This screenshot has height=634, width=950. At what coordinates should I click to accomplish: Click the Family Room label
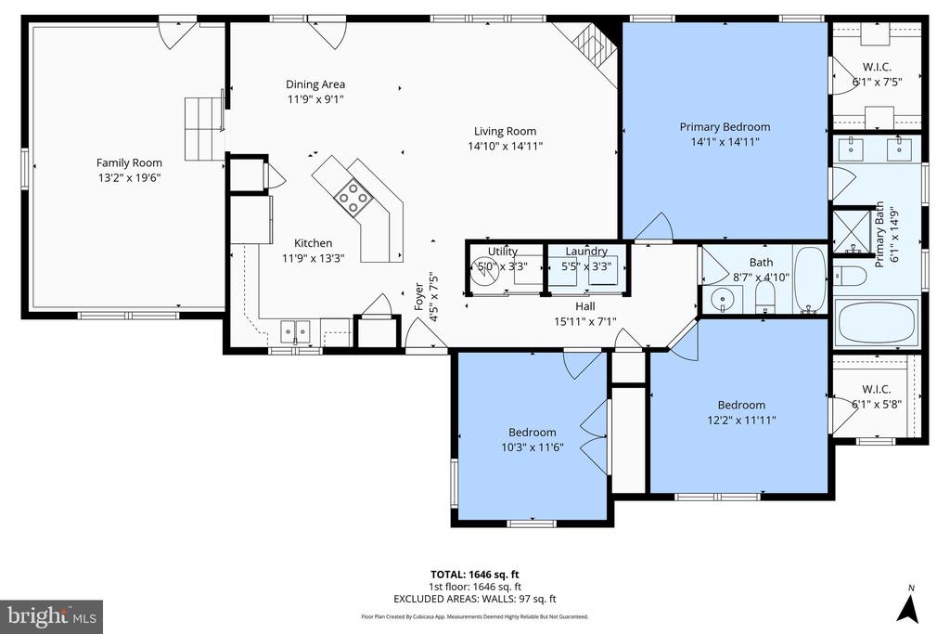click(x=129, y=162)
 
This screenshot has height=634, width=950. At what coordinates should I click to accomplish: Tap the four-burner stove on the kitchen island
click(x=352, y=194)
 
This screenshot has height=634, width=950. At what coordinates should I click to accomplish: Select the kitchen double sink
click(x=295, y=330)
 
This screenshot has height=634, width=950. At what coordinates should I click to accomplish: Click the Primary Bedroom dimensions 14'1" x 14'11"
click(x=725, y=142)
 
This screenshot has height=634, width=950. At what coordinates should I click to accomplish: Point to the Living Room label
click(x=505, y=131)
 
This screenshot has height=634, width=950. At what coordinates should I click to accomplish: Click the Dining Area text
click(x=315, y=84)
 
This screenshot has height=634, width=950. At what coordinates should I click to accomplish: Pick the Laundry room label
click(x=586, y=251)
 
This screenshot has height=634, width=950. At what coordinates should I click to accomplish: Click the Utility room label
click(x=503, y=251)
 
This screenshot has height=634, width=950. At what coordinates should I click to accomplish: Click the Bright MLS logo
click(x=51, y=616)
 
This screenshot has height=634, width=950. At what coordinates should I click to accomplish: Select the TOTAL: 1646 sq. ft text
click(x=474, y=575)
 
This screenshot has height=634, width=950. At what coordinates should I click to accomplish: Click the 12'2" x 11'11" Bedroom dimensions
click(x=740, y=420)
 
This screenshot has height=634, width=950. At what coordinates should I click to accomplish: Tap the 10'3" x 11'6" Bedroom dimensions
click(x=532, y=446)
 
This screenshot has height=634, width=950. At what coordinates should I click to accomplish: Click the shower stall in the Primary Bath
click(x=848, y=231)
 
